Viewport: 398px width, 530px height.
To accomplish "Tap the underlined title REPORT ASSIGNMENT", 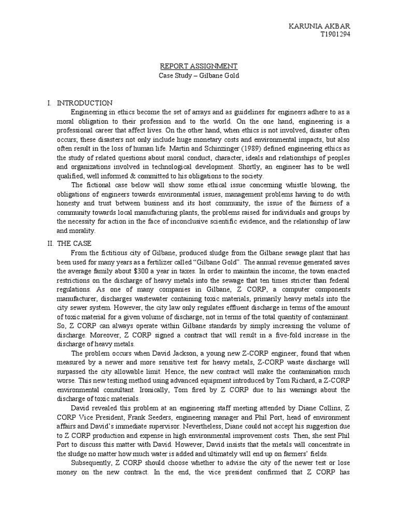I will (x=198, y=66).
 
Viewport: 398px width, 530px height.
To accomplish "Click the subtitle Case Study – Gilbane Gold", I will (x=198, y=76).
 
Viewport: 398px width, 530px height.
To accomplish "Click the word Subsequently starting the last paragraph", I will (x=92, y=463).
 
